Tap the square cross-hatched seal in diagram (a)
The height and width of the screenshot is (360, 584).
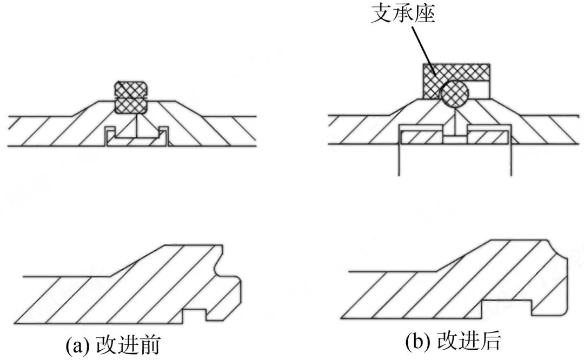(x=131, y=97)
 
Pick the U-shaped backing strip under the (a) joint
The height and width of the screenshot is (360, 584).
(x=136, y=142)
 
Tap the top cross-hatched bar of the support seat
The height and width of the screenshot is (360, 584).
(x=457, y=71)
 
